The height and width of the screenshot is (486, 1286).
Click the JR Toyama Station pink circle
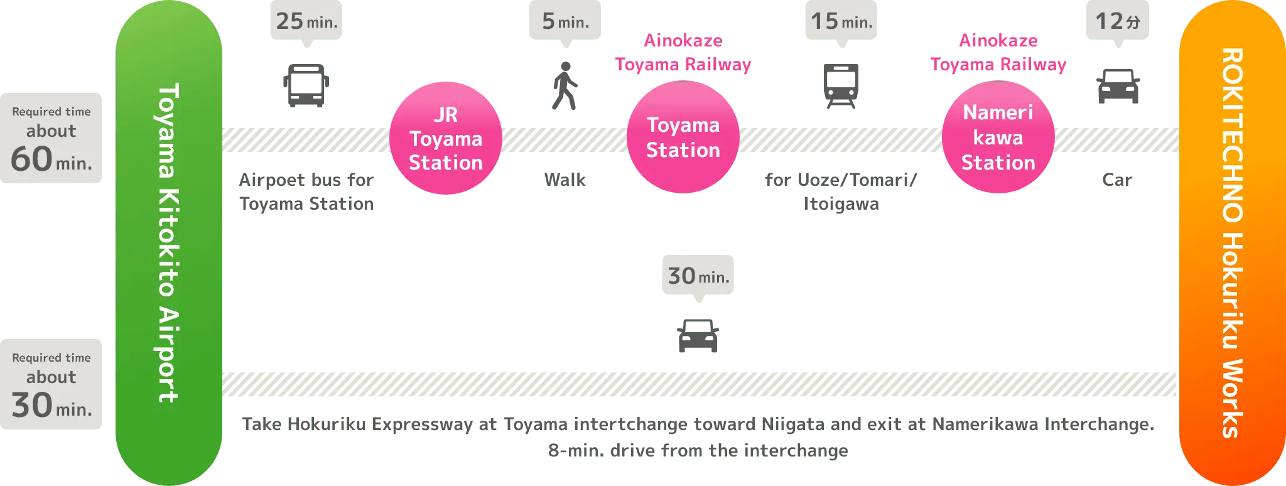pyautogui.click(x=445, y=138)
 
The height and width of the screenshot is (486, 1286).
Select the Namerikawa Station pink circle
pyautogui.click(x=998, y=138)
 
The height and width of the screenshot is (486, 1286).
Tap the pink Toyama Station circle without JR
pyautogui.click(x=683, y=138)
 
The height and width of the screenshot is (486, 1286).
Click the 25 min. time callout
pyautogui.click(x=306, y=21)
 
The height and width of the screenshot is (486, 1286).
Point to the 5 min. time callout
pyautogui.click(x=565, y=21)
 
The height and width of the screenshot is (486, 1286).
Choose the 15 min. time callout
pyautogui.click(x=841, y=21)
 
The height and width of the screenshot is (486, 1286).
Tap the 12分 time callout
pyautogui.click(x=1118, y=21)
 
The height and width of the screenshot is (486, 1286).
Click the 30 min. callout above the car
pyautogui.click(x=698, y=276)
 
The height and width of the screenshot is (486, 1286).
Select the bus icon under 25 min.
pyautogui.click(x=306, y=85)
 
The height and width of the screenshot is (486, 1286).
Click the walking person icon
pyautogui.click(x=565, y=86)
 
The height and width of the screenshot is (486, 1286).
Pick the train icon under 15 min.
pyautogui.click(x=841, y=85)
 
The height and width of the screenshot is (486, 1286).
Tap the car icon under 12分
pyautogui.click(x=1118, y=87)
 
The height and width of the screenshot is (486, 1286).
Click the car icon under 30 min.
pyautogui.click(x=698, y=336)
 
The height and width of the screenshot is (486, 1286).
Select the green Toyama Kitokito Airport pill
pyautogui.click(x=169, y=243)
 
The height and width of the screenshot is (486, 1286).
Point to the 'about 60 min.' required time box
pyautogui.click(x=51, y=139)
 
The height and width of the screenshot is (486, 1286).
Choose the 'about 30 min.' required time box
pyautogui.click(x=51, y=384)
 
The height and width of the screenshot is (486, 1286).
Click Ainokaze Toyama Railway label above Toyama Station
pyautogui.click(x=683, y=53)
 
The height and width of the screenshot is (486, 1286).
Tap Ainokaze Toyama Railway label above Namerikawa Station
pyautogui.click(x=998, y=53)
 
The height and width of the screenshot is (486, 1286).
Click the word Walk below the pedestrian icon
pyautogui.click(x=565, y=180)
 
